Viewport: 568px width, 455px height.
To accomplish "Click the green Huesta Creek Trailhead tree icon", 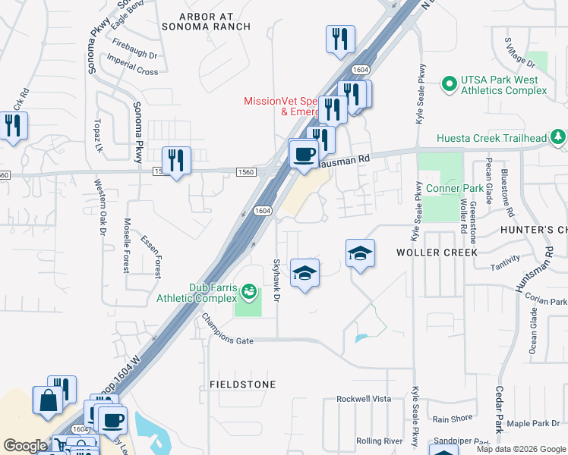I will pyautogui.click(x=559, y=137).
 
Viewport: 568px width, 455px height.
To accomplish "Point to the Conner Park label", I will pyautogui.click(x=455, y=188).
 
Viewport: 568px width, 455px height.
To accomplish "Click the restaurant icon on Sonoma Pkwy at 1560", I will pyautogui.click(x=176, y=160).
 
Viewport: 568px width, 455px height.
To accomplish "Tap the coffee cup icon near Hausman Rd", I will pyautogui.click(x=305, y=155).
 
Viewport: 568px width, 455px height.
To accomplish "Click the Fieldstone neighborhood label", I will pyautogui.click(x=243, y=384).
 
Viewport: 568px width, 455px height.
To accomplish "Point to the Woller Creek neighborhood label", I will pyautogui.click(x=437, y=252).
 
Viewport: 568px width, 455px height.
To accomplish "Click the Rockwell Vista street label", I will pyautogui.click(x=364, y=399).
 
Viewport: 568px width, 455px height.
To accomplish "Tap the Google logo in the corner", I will pyautogui.click(x=24, y=446).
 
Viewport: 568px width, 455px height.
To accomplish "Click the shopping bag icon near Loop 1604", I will pyautogui.click(x=47, y=400).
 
